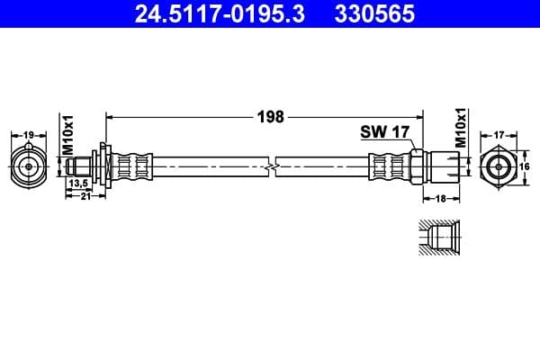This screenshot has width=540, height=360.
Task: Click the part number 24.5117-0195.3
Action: pyautogui.click(x=210, y=14)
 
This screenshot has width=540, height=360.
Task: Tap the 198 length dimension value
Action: pyautogui.click(x=271, y=116)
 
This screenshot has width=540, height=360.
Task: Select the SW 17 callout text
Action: pyautogui.click(x=385, y=132)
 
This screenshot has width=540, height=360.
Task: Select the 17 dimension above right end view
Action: pyautogui.click(x=499, y=136)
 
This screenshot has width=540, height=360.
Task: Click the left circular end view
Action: pyautogui.click(x=28, y=166)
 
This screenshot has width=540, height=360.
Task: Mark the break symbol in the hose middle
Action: pyautogui.click(x=273, y=166)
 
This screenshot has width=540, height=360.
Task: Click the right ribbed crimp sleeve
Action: pyautogui.click(x=390, y=166)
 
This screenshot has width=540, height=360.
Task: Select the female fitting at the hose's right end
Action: pyautogui.click(x=445, y=166)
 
